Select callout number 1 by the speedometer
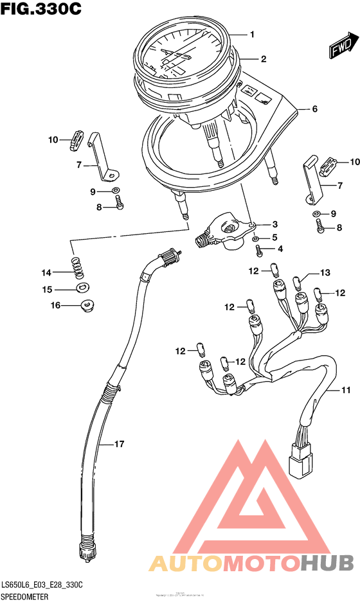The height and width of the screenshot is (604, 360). click(253, 34)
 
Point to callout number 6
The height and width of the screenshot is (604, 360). click(314, 109)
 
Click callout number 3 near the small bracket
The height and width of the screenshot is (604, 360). click(274, 224)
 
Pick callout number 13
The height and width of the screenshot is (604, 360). click(325, 273)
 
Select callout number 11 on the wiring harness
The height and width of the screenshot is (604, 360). click(345, 390)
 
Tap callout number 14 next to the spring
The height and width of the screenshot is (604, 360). click(47, 271)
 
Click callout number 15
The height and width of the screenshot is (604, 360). click(47, 289)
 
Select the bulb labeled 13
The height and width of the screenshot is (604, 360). click(297, 281)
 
